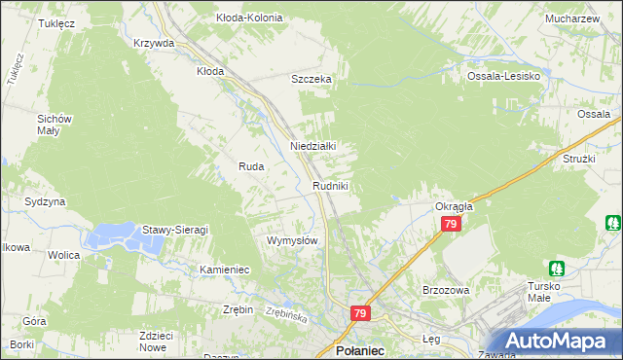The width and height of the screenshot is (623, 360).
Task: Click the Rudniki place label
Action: point(330,185)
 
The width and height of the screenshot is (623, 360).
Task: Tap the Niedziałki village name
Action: point(313,146)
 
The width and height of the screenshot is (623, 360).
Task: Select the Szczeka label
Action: point(312,80)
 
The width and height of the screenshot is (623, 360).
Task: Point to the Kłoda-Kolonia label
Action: point(249,18)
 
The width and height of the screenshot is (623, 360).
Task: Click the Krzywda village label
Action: point(154,43)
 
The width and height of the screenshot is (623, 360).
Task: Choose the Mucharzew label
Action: point(572,18)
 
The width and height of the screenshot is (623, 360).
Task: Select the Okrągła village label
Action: point(453,206)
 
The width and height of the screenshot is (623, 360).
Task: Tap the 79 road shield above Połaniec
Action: point(360,313)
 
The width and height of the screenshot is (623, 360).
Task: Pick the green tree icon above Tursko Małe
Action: point(557,268)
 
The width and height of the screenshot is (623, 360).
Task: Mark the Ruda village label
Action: point(252,166)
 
